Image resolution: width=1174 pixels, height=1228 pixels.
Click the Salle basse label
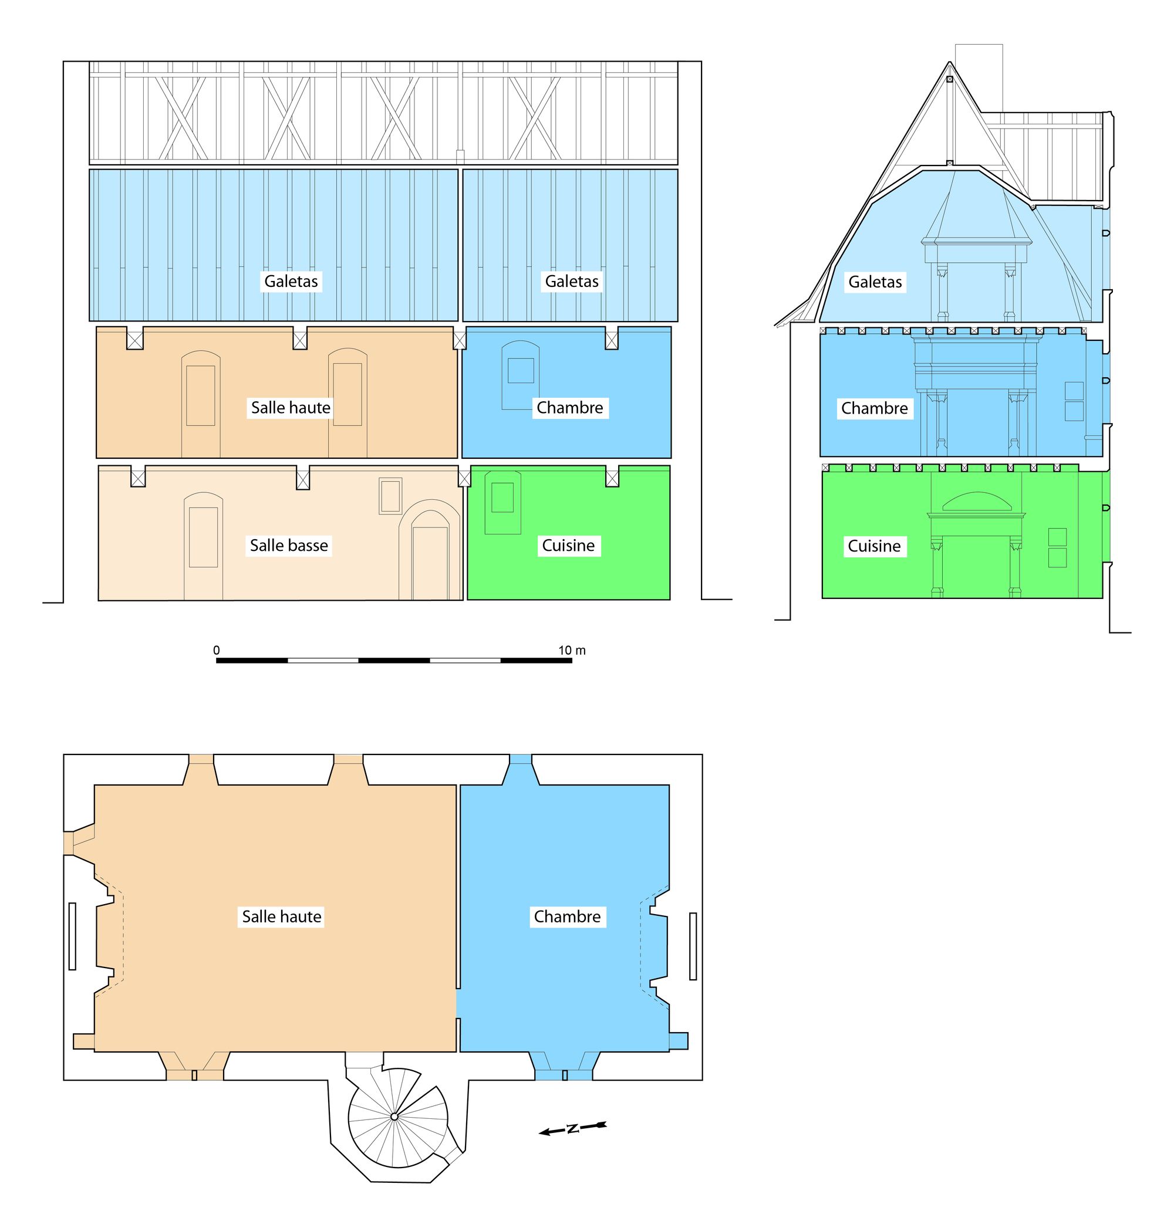tap(289, 546)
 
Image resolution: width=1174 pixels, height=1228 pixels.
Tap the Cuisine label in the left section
tap(568, 546)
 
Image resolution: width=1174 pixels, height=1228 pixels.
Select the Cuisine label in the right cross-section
tap(874, 546)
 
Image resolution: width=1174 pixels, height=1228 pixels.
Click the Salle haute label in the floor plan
tap(282, 916)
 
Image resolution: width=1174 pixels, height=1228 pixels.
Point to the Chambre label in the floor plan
tap(567, 916)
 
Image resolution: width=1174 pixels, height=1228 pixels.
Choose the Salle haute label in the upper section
tap(291, 408)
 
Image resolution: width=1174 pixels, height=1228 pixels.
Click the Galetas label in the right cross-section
tap(875, 282)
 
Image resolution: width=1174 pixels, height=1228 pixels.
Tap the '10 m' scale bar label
tap(572, 651)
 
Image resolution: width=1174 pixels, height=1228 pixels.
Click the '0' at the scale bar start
tap(217, 651)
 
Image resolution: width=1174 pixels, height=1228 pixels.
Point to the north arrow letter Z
tap(572, 1128)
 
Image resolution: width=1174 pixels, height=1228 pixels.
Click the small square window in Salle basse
tap(390, 496)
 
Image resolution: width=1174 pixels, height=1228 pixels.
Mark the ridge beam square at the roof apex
tap(949, 79)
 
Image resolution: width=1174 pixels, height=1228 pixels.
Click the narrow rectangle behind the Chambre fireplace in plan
tap(693, 946)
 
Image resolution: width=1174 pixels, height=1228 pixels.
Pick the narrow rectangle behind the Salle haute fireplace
tap(72, 936)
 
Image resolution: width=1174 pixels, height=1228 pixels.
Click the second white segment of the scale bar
tap(465, 661)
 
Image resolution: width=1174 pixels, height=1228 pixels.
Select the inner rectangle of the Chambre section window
tap(521, 370)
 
